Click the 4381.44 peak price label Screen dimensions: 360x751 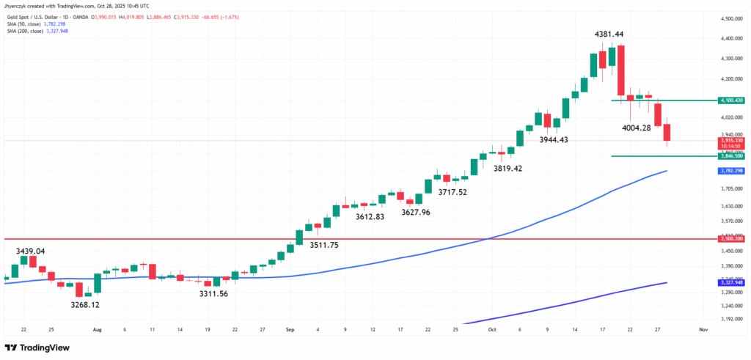coord(612,34)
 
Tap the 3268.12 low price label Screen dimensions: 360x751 coord(85,304)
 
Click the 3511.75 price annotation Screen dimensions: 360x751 coord(323,245)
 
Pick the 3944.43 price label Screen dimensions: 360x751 coord(558,139)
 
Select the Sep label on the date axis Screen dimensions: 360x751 coord(290,331)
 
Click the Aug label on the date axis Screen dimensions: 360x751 coord(98,331)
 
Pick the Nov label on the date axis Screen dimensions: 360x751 coord(703,331)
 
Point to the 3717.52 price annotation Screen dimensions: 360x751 coord(453,192)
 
